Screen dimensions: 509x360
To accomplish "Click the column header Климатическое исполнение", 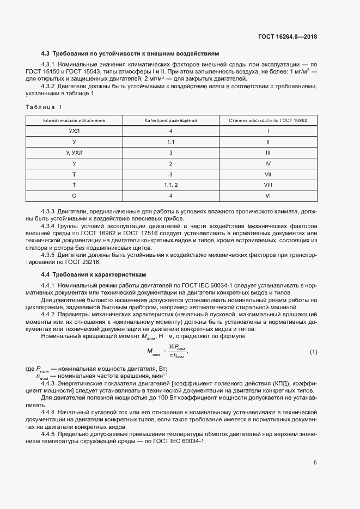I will pyautogui.click(x=75, y=120).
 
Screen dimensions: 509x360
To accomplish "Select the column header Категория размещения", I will pyautogui.click(x=170, y=120).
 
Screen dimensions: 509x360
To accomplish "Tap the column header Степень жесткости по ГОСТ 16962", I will pyautogui.click(x=268, y=120).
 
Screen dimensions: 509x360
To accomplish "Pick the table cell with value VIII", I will pyautogui.click(x=268, y=185).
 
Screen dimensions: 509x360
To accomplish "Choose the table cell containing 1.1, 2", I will pyautogui.click(x=170, y=185).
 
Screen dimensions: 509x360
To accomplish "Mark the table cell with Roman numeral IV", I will pyautogui.click(x=268, y=163).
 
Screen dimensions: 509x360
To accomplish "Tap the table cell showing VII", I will pyautogui.click(x=268, y=174).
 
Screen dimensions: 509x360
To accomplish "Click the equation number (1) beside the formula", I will pyautogui.click(x=313, y=352).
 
